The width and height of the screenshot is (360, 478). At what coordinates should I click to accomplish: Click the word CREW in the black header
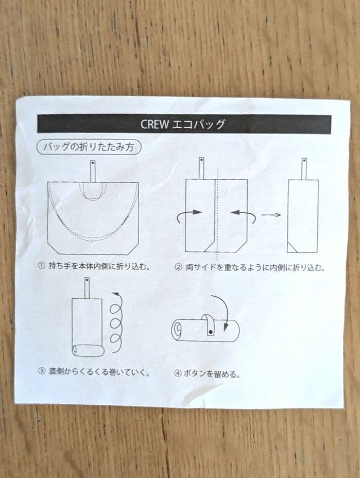(x=155, y=124)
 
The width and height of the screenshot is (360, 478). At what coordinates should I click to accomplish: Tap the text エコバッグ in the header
(x=199, y=124)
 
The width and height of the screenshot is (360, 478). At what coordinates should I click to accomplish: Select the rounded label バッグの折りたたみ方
(x=89, y=147)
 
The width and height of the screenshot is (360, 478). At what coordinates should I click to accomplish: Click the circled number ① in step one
(x=41, y=265)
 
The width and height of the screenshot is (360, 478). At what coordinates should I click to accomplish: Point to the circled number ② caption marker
(x=178, y=267)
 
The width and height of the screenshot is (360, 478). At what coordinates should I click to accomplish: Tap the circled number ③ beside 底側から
(x=41, y=371)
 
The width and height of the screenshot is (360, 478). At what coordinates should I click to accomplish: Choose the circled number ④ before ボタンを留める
(x=178, y=373)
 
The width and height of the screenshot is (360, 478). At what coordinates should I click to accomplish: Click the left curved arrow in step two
(x=189, y=215)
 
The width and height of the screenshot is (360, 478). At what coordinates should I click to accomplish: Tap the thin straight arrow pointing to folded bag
(x=271, y=215)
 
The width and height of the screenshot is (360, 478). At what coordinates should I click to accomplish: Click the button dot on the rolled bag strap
(x=210, y=331)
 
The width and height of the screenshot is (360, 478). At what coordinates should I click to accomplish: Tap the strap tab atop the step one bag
(x=93, y=172)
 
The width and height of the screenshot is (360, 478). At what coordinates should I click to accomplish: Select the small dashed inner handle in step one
(x=93, y=192)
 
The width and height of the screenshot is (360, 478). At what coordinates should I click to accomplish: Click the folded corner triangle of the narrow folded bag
(x=292, y=248)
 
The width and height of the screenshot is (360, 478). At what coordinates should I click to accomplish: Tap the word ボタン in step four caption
(x=193, y=373)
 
